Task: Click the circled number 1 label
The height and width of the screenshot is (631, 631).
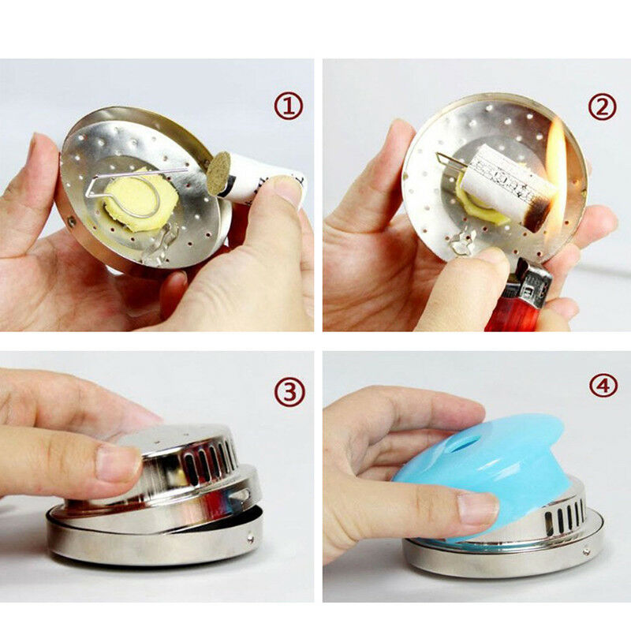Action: point(289,106)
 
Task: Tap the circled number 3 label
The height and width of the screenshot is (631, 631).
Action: point(289,392)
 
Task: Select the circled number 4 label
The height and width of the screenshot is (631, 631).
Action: point(603,386)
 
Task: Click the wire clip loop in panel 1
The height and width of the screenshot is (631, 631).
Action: point(126,185)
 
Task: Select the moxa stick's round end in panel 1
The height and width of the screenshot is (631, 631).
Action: point(217,172)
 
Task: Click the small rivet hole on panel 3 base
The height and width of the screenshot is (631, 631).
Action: point(251,540)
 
